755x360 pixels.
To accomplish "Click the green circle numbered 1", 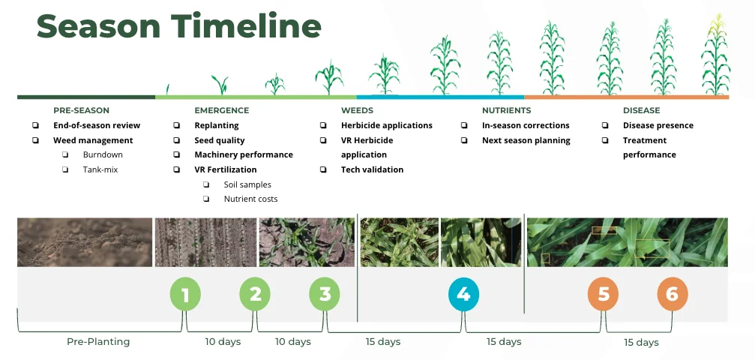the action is (185, 293).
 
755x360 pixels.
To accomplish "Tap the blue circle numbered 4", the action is (463, 293).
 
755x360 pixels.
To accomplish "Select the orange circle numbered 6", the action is (673, 293).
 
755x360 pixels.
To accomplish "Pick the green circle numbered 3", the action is (325, 293).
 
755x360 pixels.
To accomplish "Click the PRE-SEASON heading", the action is (82, 110).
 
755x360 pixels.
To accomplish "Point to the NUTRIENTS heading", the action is (507, 110).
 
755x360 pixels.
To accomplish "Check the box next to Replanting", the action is (177, 125).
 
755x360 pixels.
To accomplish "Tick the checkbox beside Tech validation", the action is (323, 169).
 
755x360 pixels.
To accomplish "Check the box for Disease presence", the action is (605, 125).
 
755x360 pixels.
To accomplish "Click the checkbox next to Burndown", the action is (65, 154).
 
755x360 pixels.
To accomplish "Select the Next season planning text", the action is (526, 141).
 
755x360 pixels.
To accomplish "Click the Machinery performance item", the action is (244, 154).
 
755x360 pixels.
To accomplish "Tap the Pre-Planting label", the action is (98, 342).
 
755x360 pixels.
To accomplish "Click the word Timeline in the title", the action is (247, 26).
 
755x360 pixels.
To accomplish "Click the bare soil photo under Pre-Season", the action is (85, 242).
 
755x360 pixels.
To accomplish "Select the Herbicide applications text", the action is (387, 125).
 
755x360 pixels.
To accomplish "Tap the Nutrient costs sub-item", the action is (250, 199).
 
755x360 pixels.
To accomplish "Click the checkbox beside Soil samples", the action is (206, 184).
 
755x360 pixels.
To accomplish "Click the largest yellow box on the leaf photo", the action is (652, 247).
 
